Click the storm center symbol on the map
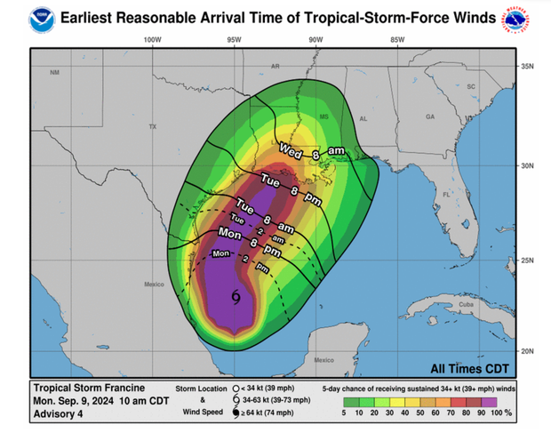pos(236,297)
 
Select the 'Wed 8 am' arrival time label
pos(311,152)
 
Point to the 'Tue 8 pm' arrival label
pos(291,186)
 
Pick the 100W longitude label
pos(151,40)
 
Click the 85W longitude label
pos(397,40)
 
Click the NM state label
pos(55,72)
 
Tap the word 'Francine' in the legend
pos(109,388)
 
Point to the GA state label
pos(429,116)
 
